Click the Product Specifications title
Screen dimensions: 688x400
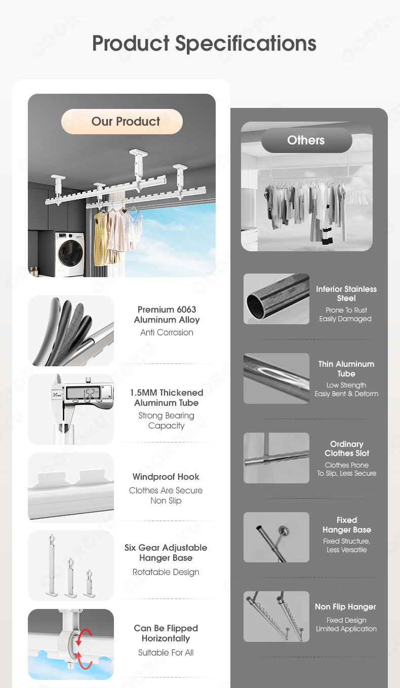[x=204, y=43]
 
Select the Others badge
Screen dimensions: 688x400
[x=306, y=140]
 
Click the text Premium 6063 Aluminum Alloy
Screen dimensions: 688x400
[x=167, y=315]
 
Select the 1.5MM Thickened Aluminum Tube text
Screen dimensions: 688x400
[x=167, y=398]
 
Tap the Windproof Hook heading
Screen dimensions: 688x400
[x=166, y=477]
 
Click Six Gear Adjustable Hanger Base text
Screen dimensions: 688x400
[x=166, y=553]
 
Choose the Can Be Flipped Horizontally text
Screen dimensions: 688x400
[x=166, y=633]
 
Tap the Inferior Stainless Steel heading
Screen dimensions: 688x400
[x=346, y=293]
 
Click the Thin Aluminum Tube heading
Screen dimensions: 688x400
[x=346, y=368]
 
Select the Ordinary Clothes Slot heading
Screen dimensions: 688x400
[x=347, y=448]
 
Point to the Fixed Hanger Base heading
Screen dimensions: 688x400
[x=347, y=525]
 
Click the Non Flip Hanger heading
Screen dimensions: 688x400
[x=346, y=607]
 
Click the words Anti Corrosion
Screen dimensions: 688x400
[x=167, y=332]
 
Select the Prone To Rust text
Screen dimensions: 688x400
[x=346, y=310]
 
